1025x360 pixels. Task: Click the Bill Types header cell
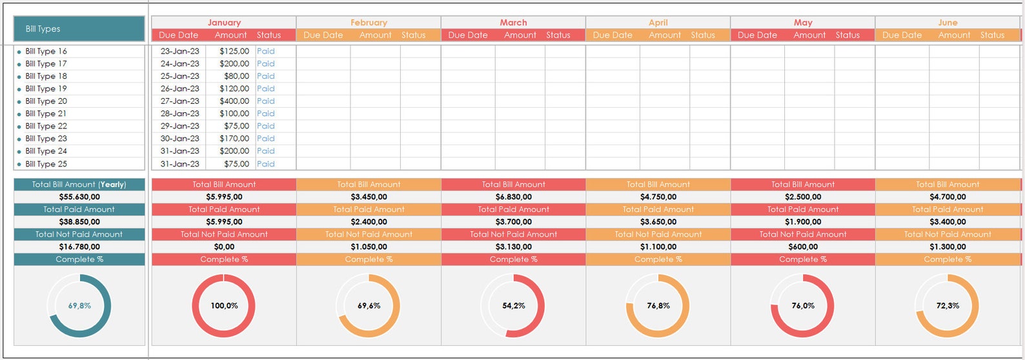click(x=79, y=29)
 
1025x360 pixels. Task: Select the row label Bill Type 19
click(x=46, y=88)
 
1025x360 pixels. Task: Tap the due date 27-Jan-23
click(x=179, y=101)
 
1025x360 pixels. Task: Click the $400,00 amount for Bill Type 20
click(x=234, y=101)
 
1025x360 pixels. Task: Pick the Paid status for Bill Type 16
click(x=265, y=51)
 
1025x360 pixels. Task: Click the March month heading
click(x=513, y=23)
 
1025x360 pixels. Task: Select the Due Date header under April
click(x=613, y=35)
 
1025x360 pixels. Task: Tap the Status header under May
click(x=847, y=35)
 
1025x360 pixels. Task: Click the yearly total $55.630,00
click(x=79, y=197)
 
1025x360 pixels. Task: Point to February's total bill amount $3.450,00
click(x=369, y=197)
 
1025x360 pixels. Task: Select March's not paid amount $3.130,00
click(x=513, y=246)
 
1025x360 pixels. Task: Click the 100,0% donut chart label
click(x=224, y=306)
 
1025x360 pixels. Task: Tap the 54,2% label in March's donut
click(x=513, y=306)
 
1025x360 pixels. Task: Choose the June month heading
click(x=948, y=23)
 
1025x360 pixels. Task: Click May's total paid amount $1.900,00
click(x=803, y=221)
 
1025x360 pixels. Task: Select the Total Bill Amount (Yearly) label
click(x=79, y=185)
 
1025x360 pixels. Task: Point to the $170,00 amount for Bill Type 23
click(x=234, y=138)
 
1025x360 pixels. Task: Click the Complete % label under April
click(x=658, y=259)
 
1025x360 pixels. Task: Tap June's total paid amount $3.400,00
click(x=948, y=221)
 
